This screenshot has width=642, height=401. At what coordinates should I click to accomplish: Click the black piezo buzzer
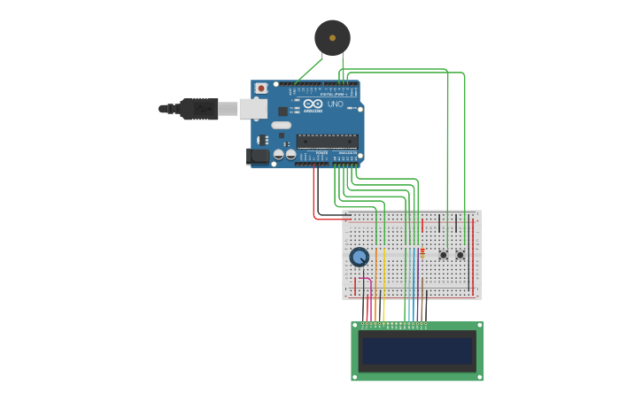pyautogui.click(x=332, y=38)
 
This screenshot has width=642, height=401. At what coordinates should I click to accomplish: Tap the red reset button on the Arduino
pyautogui.click(x=261, y=89)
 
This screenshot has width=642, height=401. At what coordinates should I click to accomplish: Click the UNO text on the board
pyautogui.click(x=336, y=104)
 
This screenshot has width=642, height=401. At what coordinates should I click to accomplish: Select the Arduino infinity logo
pyautogui.click(x=313, y=104)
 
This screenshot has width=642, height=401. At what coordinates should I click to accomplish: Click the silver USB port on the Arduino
pyautogui.click(x=253, y=109)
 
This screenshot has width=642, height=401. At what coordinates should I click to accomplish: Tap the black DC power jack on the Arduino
pyautogui.click(x=258, y=157)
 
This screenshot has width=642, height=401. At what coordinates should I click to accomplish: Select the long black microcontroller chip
pyautogui.click(x=328, y=141)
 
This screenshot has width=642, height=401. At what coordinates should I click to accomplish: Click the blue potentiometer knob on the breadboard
pyautogui.click(x=359, y=257)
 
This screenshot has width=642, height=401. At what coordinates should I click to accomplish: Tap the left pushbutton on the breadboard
pyautogui.click(x=444, y=255)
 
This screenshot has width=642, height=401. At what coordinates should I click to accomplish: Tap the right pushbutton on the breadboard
pyautogui.click(x=460, y=255)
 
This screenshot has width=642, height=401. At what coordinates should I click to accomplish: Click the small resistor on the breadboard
pyautogui.click(x=422, y=253)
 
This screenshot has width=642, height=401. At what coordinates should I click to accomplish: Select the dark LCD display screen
pyautogui.click(x=417, y=351)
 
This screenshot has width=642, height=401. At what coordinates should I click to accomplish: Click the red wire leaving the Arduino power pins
pyautogui.click(x=314, y=195)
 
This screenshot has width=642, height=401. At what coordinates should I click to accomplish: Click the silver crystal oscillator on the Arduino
pyautogui.click(x=282, y=125)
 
